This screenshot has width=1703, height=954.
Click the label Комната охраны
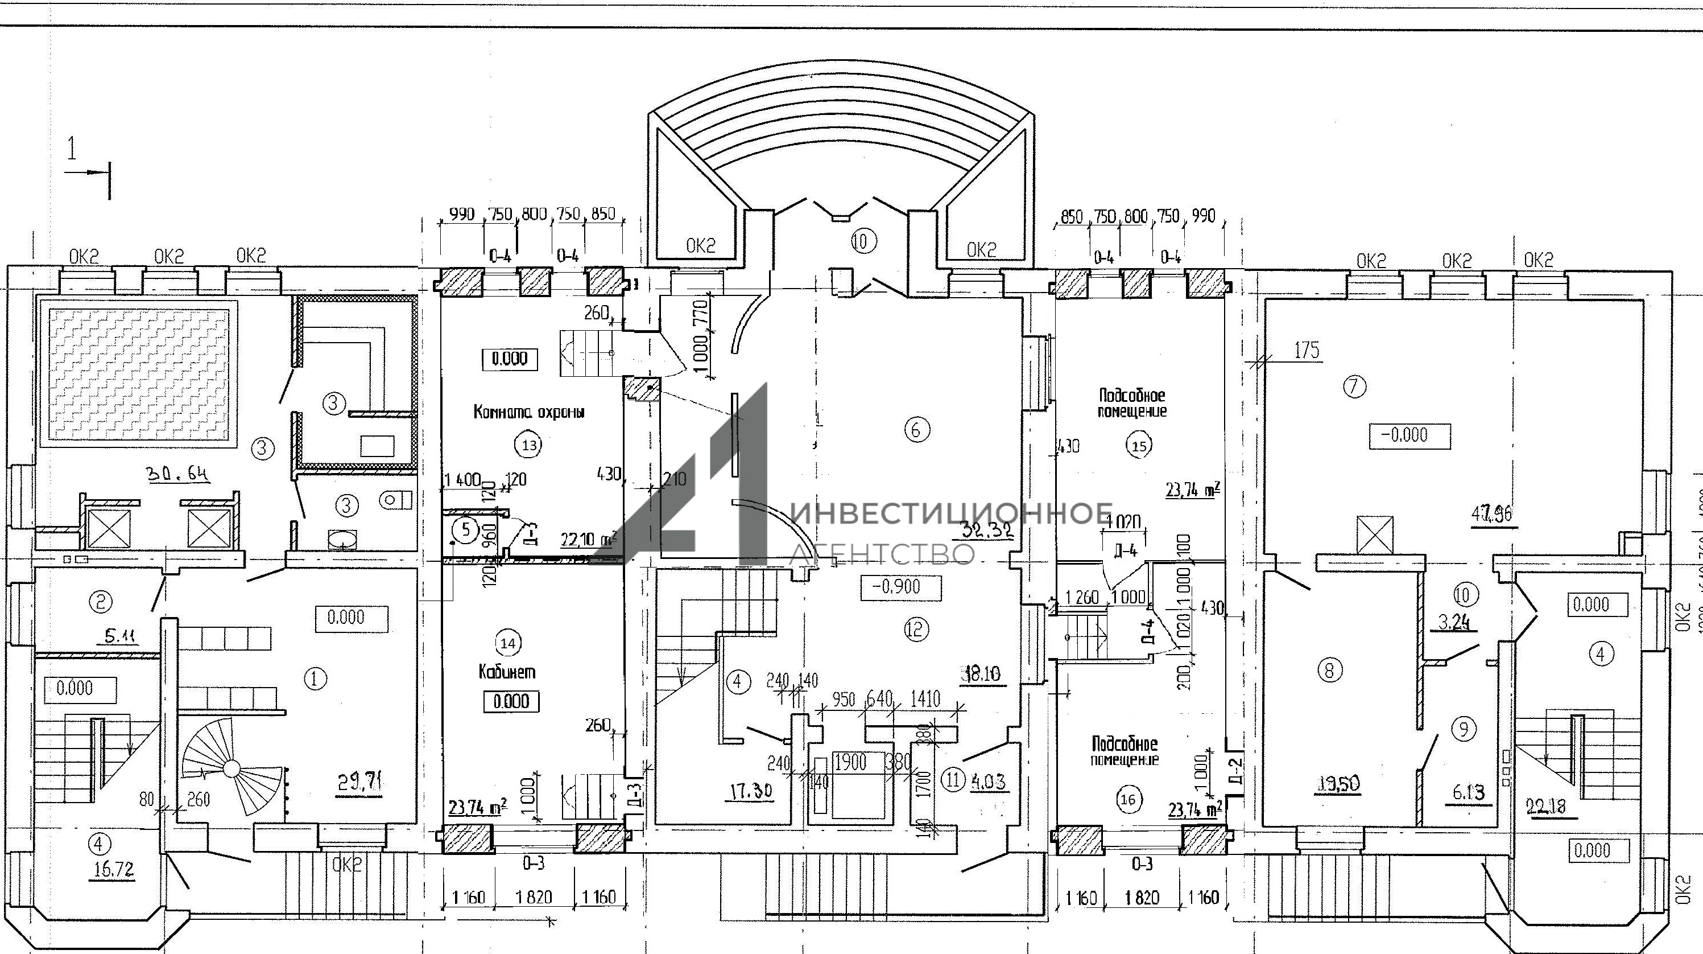pos(529,412)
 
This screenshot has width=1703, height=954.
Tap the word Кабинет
pos(507,672)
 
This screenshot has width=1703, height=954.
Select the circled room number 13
pos(530,445)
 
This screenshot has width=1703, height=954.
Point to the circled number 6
pos(916,430)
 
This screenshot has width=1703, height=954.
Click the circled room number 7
pos(1354,386)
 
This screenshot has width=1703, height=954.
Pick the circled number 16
pos(1128,800)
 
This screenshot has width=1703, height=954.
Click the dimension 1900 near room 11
pos(850,762)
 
